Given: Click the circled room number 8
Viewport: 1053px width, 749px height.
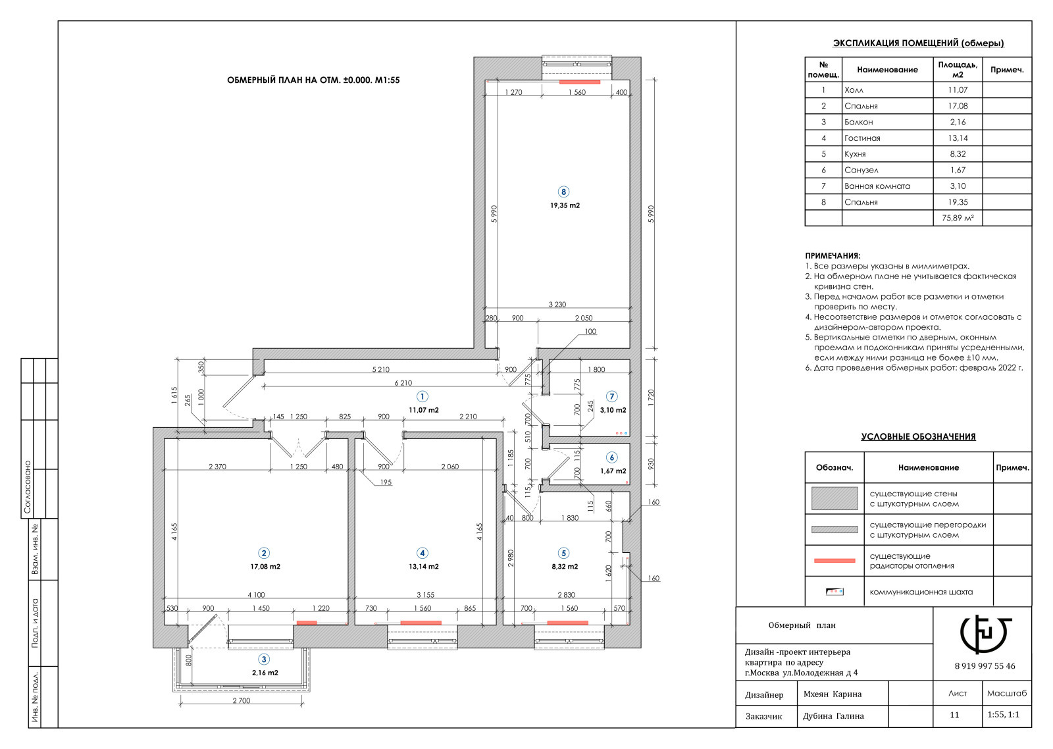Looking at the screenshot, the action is [x=563, y=192].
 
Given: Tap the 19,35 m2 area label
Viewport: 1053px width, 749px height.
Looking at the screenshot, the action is [x=565, y=205].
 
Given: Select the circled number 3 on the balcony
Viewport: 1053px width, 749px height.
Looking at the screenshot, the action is [x=264, y=659].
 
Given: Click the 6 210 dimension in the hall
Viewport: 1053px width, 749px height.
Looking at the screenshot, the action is [x=403, y=383].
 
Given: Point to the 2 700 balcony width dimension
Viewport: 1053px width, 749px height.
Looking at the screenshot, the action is [x=242, y=700].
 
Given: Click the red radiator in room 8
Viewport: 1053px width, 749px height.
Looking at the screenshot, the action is [x=580, y=82].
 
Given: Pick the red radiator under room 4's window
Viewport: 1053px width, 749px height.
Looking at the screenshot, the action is [x=421, y=623].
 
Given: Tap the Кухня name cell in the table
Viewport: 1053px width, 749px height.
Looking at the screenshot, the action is [x=855, y=154].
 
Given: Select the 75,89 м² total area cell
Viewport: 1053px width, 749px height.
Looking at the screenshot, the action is [x=958, y=218].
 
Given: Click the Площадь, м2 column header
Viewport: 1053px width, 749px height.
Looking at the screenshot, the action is [x=958, y=70].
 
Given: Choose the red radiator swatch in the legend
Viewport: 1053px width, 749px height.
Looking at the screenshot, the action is [x=835, y=561].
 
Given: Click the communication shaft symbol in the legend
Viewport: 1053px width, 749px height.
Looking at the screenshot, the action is [x=835, y=592].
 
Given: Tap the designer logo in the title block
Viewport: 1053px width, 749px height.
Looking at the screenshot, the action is [x=986, y=634].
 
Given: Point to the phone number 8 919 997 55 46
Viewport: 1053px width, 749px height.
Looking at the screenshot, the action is [x=985, y=666].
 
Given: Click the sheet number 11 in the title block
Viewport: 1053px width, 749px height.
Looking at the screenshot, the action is [x=954, y=715].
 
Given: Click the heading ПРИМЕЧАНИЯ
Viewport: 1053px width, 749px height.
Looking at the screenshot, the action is [x=833, y=256].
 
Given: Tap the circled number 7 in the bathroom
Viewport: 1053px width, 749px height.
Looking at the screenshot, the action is [x=611, y=396].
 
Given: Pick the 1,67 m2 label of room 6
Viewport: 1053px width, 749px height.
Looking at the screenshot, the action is [x=613, y=471].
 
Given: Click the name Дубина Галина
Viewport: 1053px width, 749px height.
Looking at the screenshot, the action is [x=833, y=716].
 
